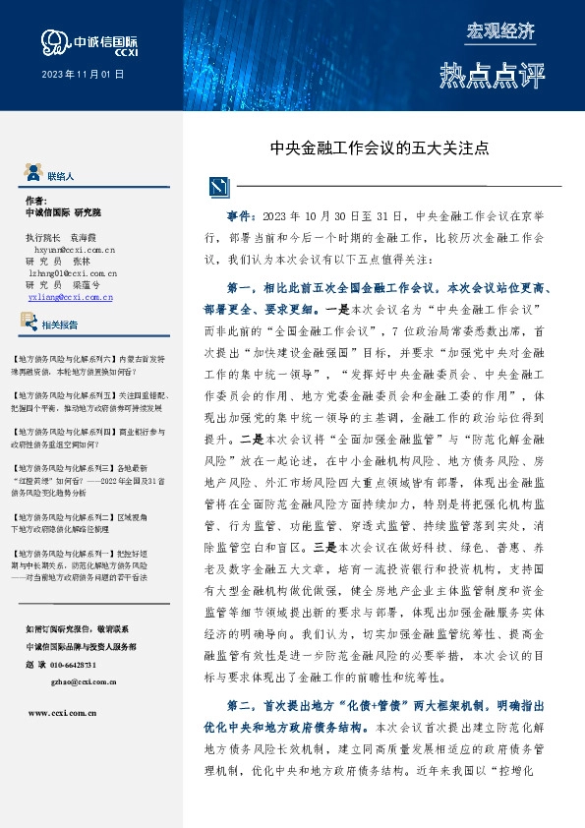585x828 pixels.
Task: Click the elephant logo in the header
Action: pyautogui.click(x=55, y=40)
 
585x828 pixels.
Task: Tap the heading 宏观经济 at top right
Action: pyautogui.click(x=500, y=30)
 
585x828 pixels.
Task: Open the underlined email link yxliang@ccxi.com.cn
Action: pyautogui.click(x=70, y=295)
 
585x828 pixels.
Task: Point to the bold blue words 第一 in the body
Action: pyautogui.click(x=241, y=288)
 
